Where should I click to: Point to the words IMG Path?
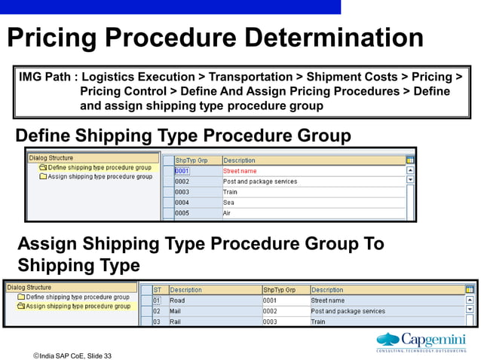point(48,78)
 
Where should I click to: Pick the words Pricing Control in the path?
point(123,92)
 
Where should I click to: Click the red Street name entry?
point(240,171)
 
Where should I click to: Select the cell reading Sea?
point(229,203)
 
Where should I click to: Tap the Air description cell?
point(228,213)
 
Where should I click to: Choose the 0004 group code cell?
point(182,203)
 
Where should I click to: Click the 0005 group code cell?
point(182,213)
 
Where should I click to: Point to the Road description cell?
point(178,301)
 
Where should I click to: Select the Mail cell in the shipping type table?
point(176,311)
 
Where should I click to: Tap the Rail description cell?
point(176,322)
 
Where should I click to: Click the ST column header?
point(158,290)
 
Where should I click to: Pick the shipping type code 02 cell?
point(157,311)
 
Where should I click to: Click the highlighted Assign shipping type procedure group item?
point(78,307)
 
